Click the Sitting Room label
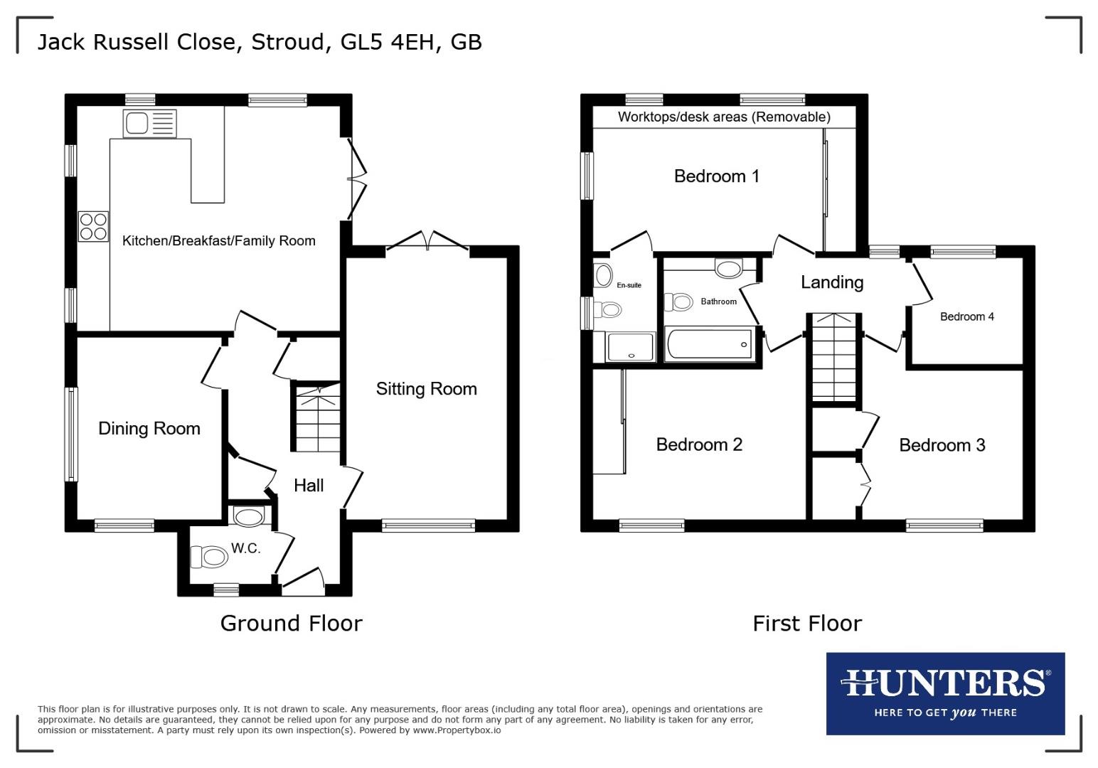coord(426,389)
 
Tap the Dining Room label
coord(149,429)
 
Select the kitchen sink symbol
coord(149,124)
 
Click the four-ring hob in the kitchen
coord(94,225)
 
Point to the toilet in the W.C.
coord(208,556)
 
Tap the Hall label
coord(309,486)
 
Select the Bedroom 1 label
coord(716,176)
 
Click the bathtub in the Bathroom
coord(709,344)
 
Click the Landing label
coord(832,282)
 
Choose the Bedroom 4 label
coord(966,317)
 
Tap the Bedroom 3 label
coord(942,446)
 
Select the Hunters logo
coord(945,693)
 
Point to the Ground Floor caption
coord(291,624)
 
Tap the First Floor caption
coord(807,624)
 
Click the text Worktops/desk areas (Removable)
coord(724,117)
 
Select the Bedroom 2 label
coord(699,445)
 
